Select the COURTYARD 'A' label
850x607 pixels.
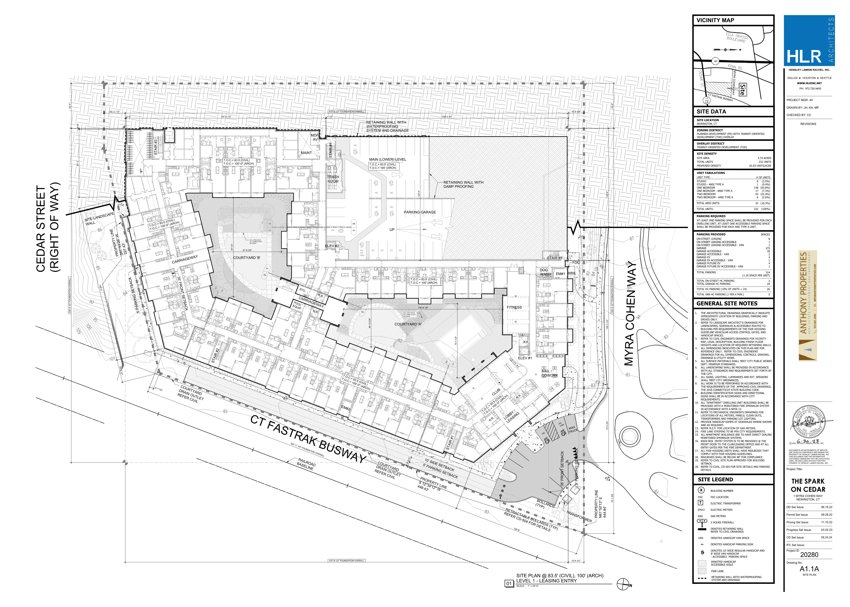coord(408,324)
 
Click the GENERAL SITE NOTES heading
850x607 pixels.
coord(727,303)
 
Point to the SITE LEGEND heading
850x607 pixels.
coord(715,480)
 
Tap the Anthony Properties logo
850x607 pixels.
coord(807,307)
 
